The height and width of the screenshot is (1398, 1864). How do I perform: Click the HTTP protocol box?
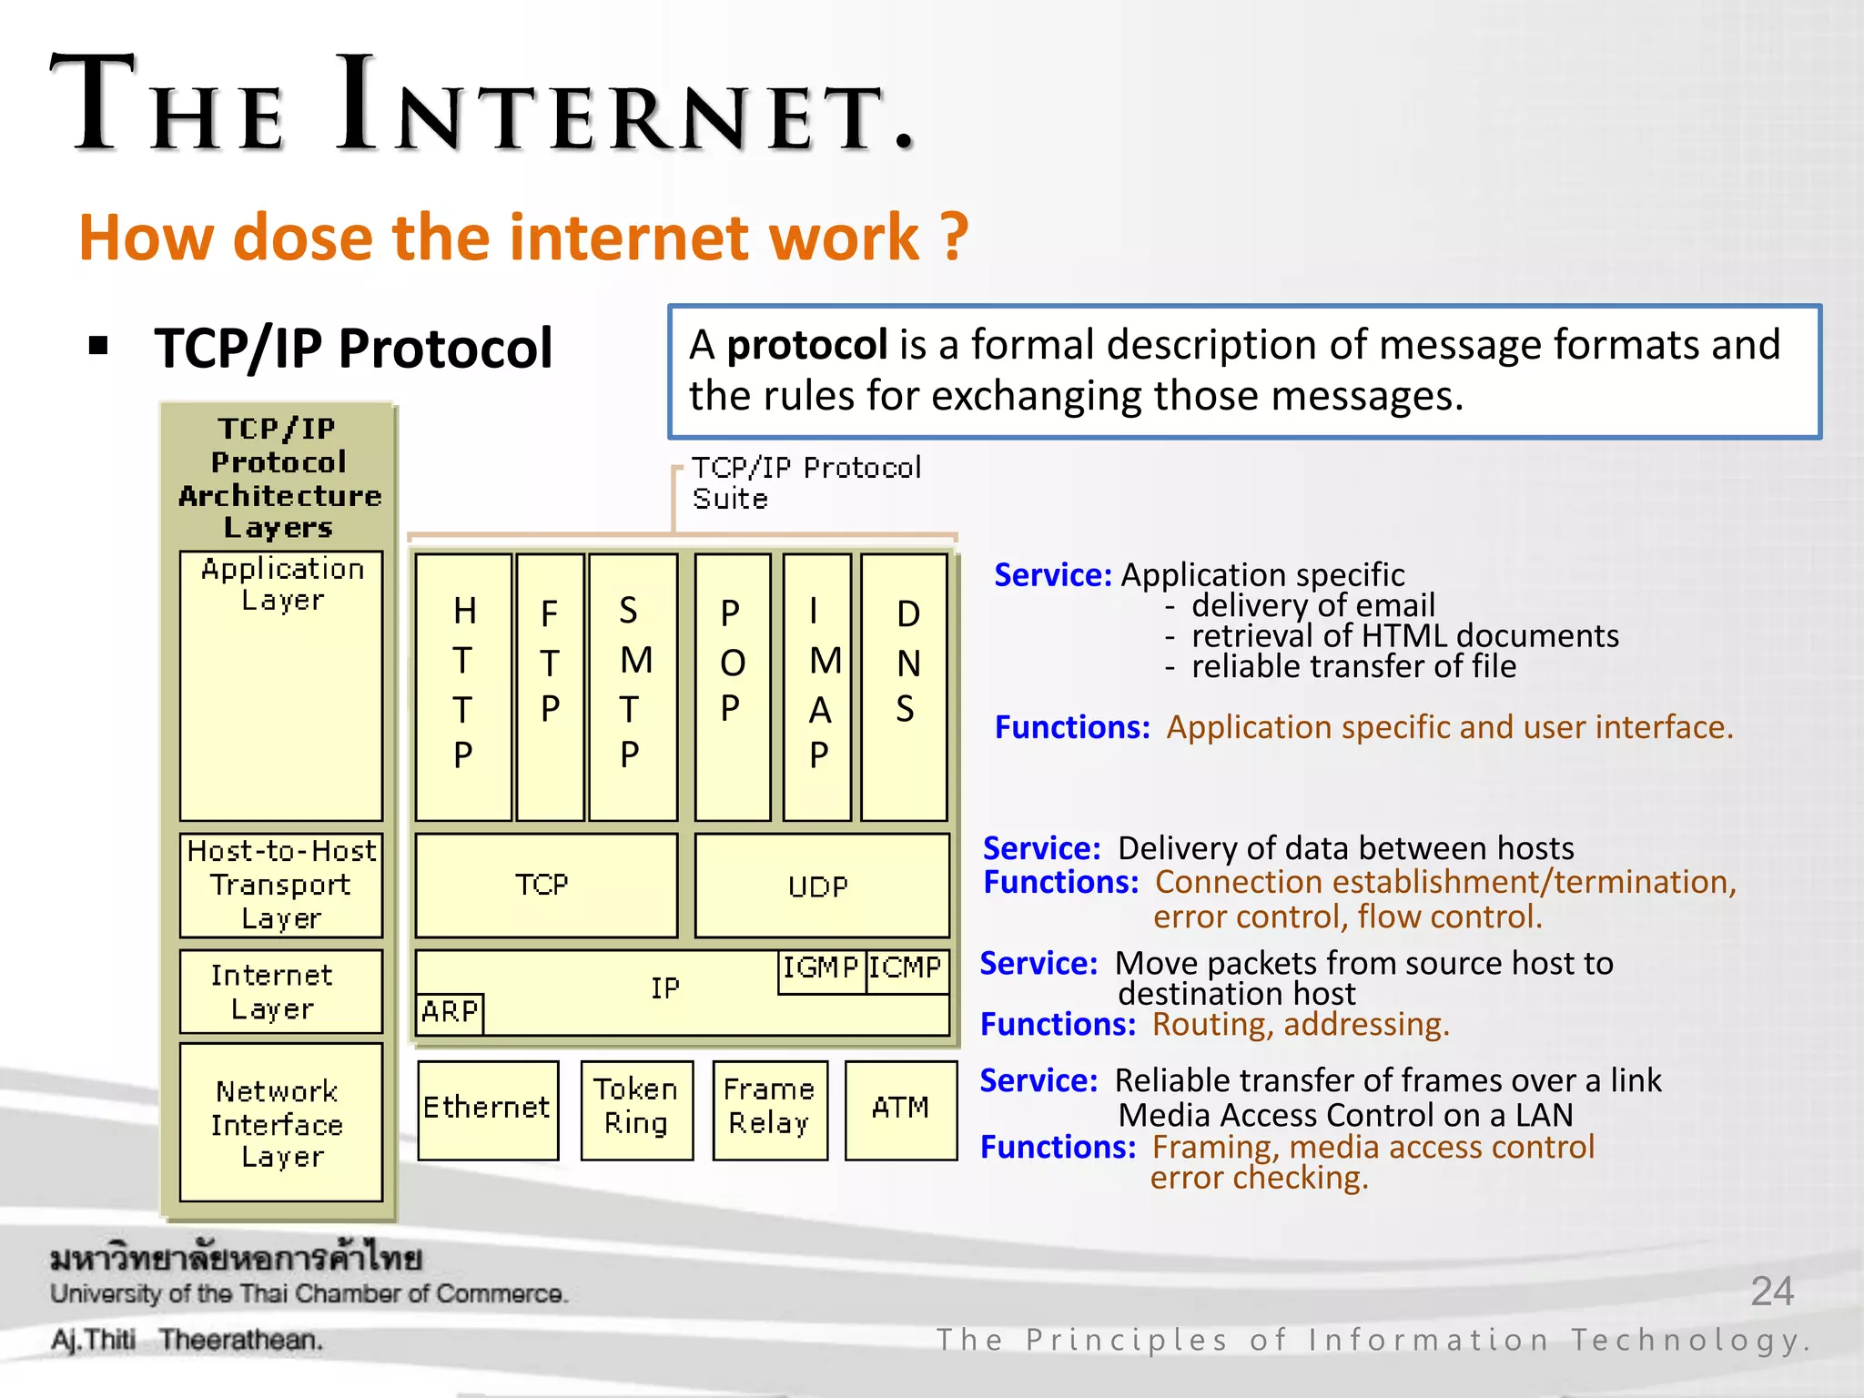(463, 687)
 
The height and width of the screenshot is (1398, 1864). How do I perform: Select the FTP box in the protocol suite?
(550, 687)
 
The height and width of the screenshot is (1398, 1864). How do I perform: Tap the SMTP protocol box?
(633, 687)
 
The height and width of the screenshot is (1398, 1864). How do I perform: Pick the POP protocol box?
(732, 687)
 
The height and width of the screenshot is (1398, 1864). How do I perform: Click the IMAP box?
(817, 687)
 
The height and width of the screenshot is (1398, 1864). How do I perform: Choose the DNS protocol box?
(904, 687)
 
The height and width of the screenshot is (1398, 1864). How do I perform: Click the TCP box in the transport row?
(546, 885)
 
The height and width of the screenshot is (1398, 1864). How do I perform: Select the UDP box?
(821, 885)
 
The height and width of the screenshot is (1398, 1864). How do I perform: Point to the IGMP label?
(821, 968)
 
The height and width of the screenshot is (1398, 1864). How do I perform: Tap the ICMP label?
(906, 968)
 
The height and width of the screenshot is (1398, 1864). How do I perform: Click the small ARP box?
(450, 1012)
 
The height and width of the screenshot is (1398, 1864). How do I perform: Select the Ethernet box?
(488, 1109)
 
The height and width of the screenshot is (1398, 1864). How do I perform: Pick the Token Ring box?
(636, 1109)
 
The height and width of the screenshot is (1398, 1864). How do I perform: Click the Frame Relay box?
(769, 1109)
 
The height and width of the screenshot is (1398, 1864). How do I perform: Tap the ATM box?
(900, 1109)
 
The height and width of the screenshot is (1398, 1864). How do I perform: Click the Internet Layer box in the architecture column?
(280, 991)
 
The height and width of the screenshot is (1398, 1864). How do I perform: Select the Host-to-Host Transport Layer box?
(280, 885)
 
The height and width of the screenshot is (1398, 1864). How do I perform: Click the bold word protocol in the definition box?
(806, 346)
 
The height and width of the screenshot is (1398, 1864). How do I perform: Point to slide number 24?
(1771, 1292)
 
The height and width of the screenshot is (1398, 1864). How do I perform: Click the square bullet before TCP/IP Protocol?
(99, 346)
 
